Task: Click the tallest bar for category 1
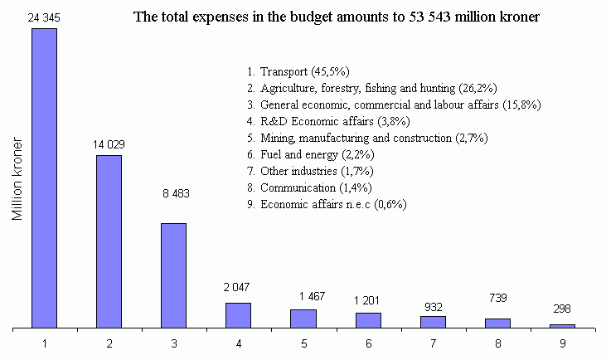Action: coord(44,178)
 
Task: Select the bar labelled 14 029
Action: coord(109,241)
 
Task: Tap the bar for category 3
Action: coord(173,275)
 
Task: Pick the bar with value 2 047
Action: coord(238,315)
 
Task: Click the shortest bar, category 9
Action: coord(562,326)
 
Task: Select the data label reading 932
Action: coord(433,305)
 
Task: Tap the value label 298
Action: coord(562,310)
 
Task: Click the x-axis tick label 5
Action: coord(303,341)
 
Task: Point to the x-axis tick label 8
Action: coord(497,341)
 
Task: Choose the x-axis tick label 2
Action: coord(109,341)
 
